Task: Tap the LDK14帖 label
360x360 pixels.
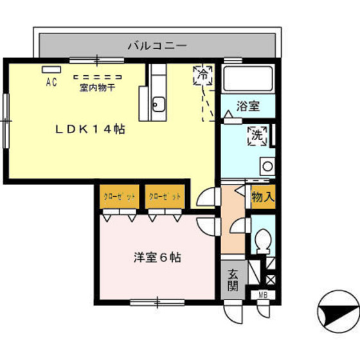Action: point(89,129)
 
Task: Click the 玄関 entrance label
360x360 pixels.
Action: point(233,280)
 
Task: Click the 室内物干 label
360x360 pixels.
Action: point(97,88)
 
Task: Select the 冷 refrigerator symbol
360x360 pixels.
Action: point(203,75)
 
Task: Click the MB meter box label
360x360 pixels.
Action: point(263,295)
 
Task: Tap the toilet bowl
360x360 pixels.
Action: point(262,242)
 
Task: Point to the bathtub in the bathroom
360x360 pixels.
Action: point(248,80)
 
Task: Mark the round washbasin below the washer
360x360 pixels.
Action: point(267,165)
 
